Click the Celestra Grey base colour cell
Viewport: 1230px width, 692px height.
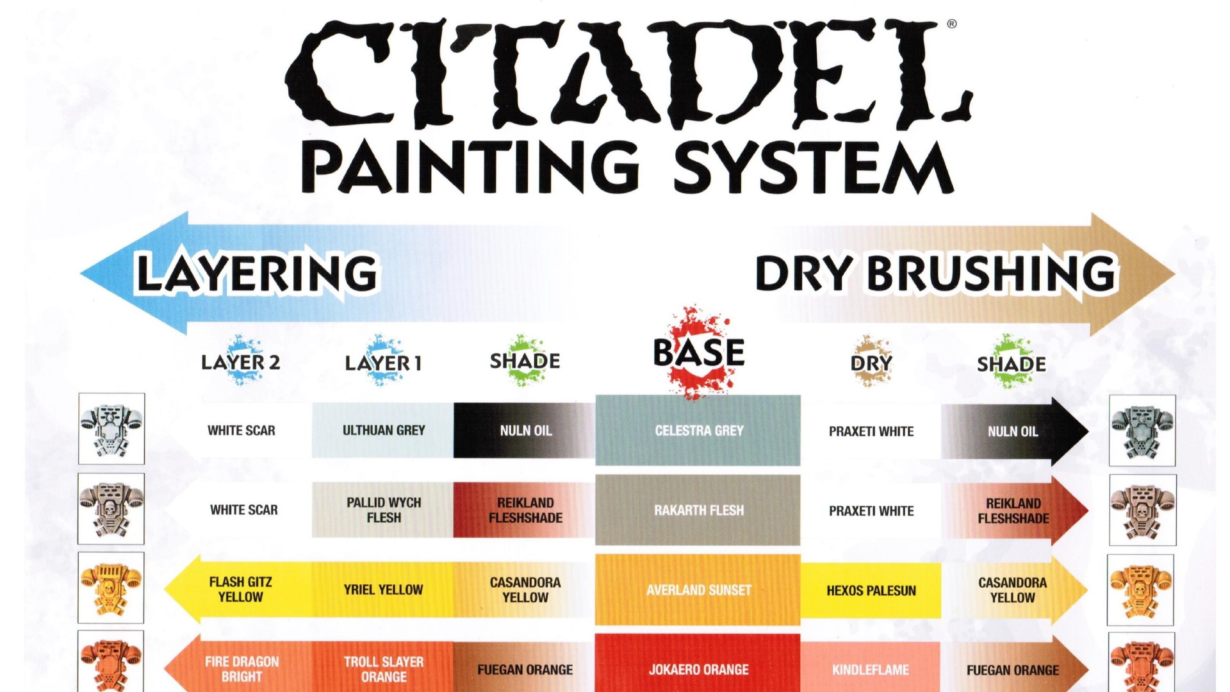[698, 431]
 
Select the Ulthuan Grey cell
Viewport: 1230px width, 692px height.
[383, 431]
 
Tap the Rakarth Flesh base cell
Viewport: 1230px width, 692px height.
[698, 510]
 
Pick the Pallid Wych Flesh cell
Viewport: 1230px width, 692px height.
[383, 510]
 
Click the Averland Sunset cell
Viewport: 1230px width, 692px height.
[698, 589]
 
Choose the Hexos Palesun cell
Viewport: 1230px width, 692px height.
[871, 590]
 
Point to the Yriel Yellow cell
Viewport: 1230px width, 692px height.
[383, 589]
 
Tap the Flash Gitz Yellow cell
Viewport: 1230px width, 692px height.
[241, 589]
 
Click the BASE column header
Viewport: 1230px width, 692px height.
[699, 352]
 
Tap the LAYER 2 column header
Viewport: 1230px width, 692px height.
[241, 362]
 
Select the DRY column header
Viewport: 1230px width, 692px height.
[871, 363]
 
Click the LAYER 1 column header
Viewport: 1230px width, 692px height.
[383, 363]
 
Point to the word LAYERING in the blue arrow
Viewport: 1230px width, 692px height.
[257, 274]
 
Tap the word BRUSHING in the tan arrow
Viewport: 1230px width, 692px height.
[992, 274]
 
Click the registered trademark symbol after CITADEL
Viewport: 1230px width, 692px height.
[952, 24]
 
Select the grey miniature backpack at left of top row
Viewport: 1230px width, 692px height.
[111, 429]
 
